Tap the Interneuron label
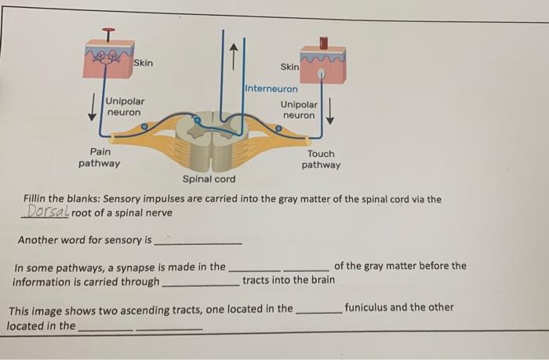271,88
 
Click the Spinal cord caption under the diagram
209,180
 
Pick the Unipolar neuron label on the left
125,107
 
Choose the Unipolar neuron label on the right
300,110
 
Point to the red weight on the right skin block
323,42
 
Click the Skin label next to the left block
144,63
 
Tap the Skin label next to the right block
289,67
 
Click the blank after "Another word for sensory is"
198,240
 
